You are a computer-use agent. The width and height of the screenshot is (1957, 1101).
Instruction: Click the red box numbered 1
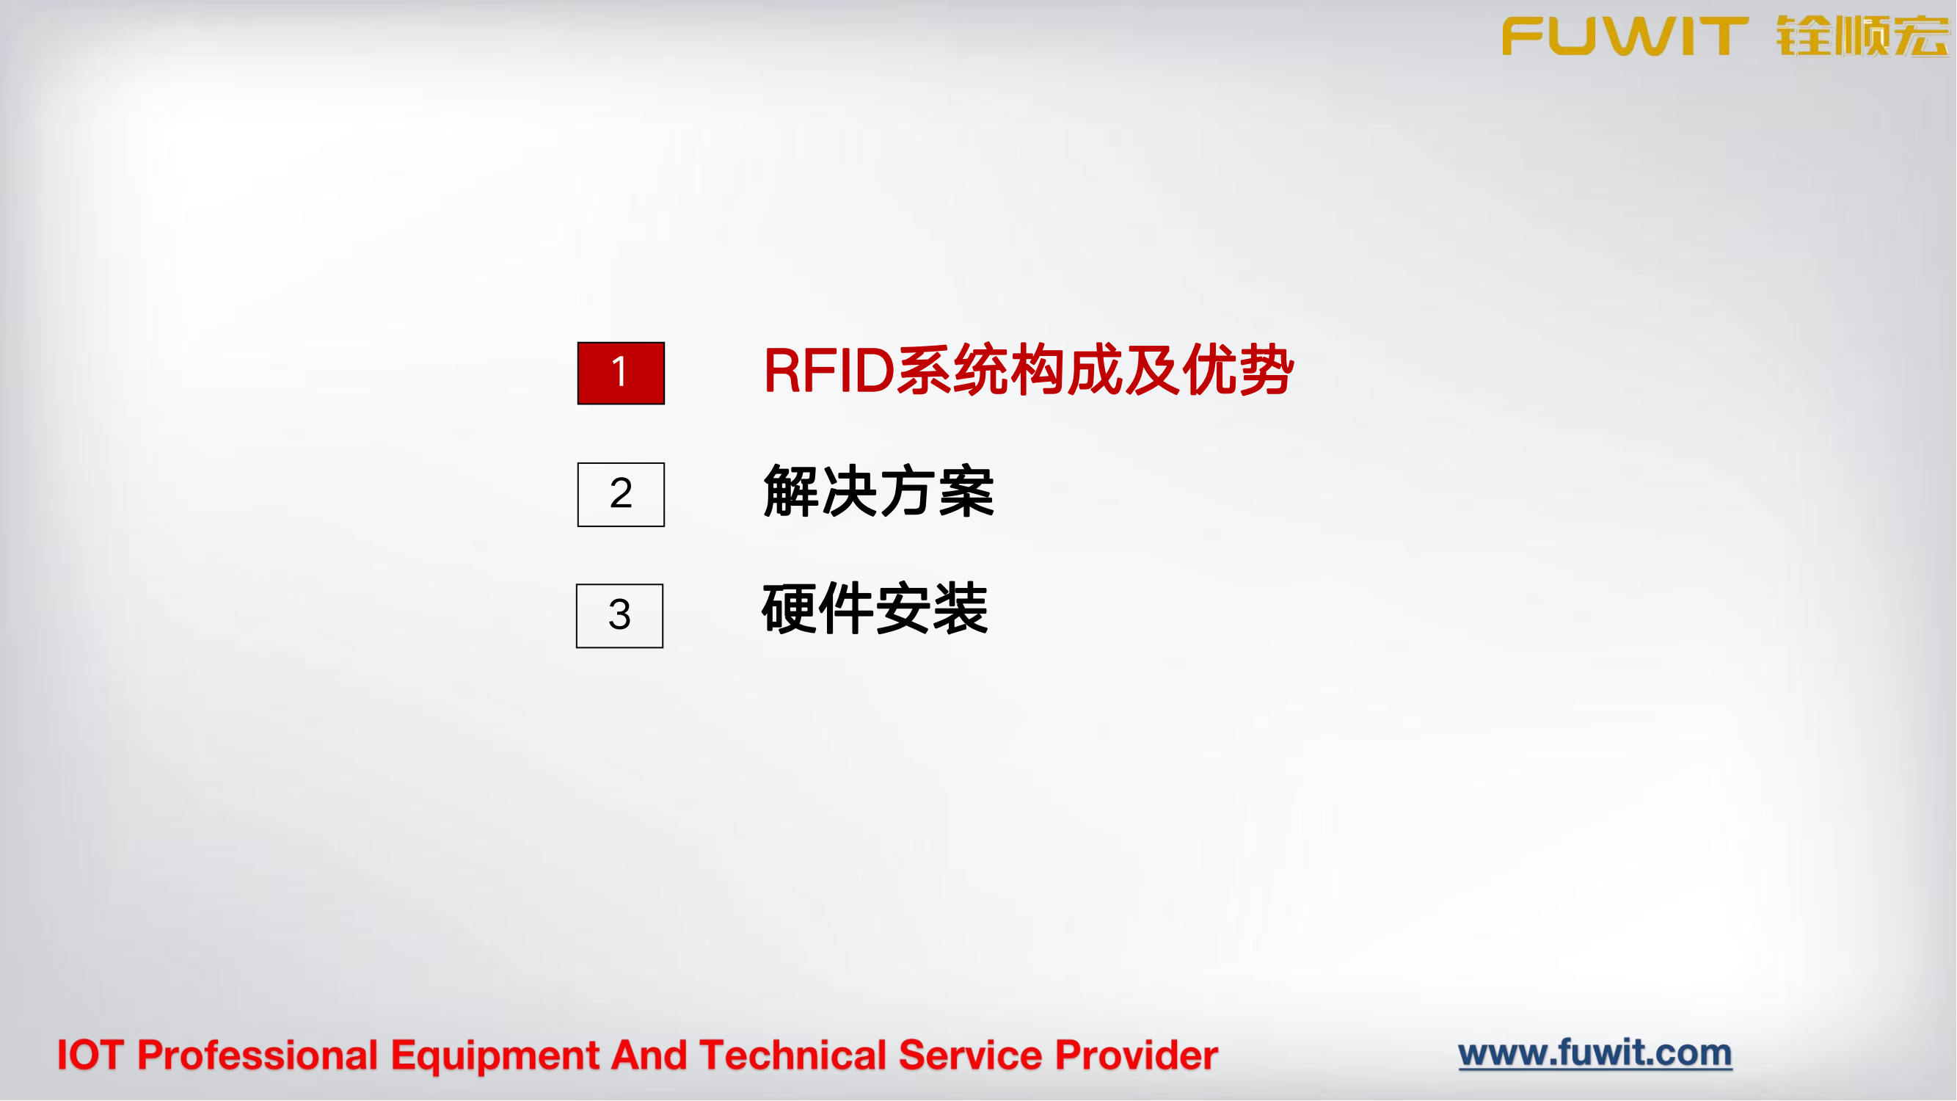pyautogui.click(x=621, y=373)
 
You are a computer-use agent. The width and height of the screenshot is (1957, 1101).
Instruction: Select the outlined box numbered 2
pyautogui.click(x=621, y=495)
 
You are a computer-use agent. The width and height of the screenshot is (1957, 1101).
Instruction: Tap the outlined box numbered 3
pyautogui.click(x=620, y=617)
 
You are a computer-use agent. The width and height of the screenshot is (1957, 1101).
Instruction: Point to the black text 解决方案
pyautogui.click(x=878, y=493)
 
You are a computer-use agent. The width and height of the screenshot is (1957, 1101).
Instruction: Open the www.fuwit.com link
pyautogui.click(x=1595, y=1053)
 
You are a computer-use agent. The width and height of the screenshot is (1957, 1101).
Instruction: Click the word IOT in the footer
pyautogui.click(x=90, y=1055)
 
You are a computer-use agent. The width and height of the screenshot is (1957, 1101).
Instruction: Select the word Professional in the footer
pyautogui.click(x=258, y=1055)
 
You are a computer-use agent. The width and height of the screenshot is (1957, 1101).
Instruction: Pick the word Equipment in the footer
pyautogui.click(x=495, y=1055)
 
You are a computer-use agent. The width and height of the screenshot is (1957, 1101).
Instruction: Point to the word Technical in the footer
pyautogui.click(x=793, y=1055)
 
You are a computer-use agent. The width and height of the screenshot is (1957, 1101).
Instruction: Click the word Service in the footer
pyautogui.click(x=970, y=1055)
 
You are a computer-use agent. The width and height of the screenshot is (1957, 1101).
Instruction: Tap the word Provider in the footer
pyautogui.click(x=1137, y=1055)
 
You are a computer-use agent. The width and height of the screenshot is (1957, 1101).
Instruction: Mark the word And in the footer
pyautogui.click(x=649, y=1055)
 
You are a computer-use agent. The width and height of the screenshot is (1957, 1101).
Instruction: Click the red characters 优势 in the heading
pyautogui.click(x=1238, y=371)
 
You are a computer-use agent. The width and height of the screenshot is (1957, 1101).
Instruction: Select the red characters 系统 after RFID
pyautogui.click(x=952, y=371)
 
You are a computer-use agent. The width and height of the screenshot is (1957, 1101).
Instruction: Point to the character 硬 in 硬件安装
pyautogui.click(x=790, y=609)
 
